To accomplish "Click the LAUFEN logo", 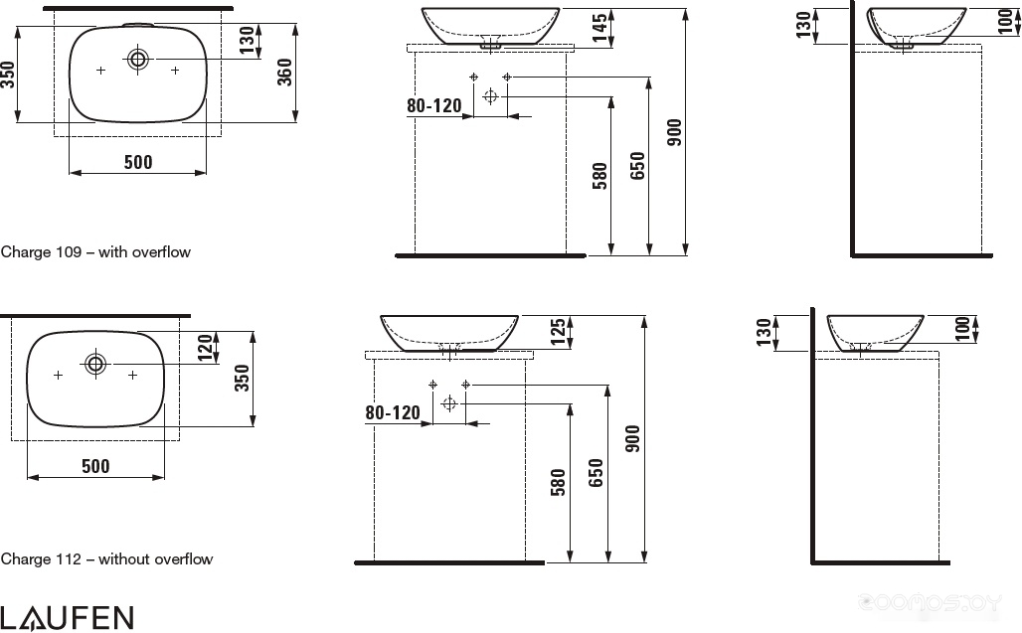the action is point(67,617).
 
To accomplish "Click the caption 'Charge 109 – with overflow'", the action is point(95,252).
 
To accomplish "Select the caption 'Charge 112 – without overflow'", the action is point(107,558).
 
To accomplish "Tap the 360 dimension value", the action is point(285,72).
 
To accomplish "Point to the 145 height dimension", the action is point(599,28).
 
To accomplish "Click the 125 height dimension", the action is point(559,332).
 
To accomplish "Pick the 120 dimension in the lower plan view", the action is point(206,347).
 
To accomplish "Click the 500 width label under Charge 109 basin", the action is point(138,162).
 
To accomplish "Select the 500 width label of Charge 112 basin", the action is point(95,466).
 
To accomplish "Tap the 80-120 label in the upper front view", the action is point(434,105).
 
